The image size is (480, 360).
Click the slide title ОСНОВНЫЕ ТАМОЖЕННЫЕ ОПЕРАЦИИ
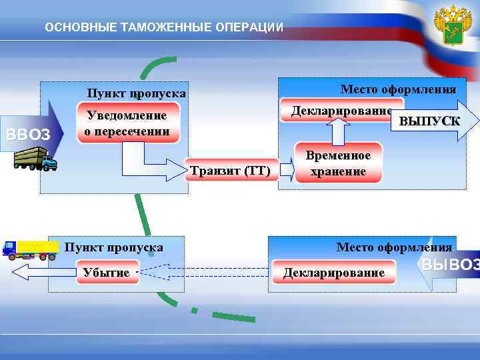[163, 27]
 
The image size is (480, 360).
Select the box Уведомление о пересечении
[128, 124]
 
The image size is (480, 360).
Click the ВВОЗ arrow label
[28, 135]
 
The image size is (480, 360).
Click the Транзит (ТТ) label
[230, 171]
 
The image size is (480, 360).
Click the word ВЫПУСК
[429, 121]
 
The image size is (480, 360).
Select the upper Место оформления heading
[398, 89]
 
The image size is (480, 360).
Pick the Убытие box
[107, 272]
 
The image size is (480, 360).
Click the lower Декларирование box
[334, 273]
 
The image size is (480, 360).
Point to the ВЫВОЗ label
[450, 265]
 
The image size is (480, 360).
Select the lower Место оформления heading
[394, 247]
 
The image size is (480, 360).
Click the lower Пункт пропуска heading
[113, 247]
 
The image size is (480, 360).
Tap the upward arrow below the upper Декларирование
[337, 130]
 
